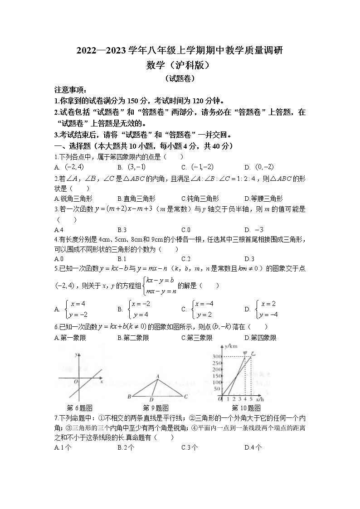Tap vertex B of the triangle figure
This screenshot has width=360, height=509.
point(129,397)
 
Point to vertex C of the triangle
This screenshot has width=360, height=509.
point(186,397)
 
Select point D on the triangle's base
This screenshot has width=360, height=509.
point(151,400)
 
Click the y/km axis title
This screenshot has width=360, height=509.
point(231,346)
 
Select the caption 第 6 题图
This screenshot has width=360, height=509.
point(79,407)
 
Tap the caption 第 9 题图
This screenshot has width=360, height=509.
point(156,407)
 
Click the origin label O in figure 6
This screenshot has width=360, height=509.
point(76,382)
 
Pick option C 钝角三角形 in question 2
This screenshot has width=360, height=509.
point(200,199)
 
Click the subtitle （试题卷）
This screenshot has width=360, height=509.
point(180,78)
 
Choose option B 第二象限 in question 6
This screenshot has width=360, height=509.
point(133,338)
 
